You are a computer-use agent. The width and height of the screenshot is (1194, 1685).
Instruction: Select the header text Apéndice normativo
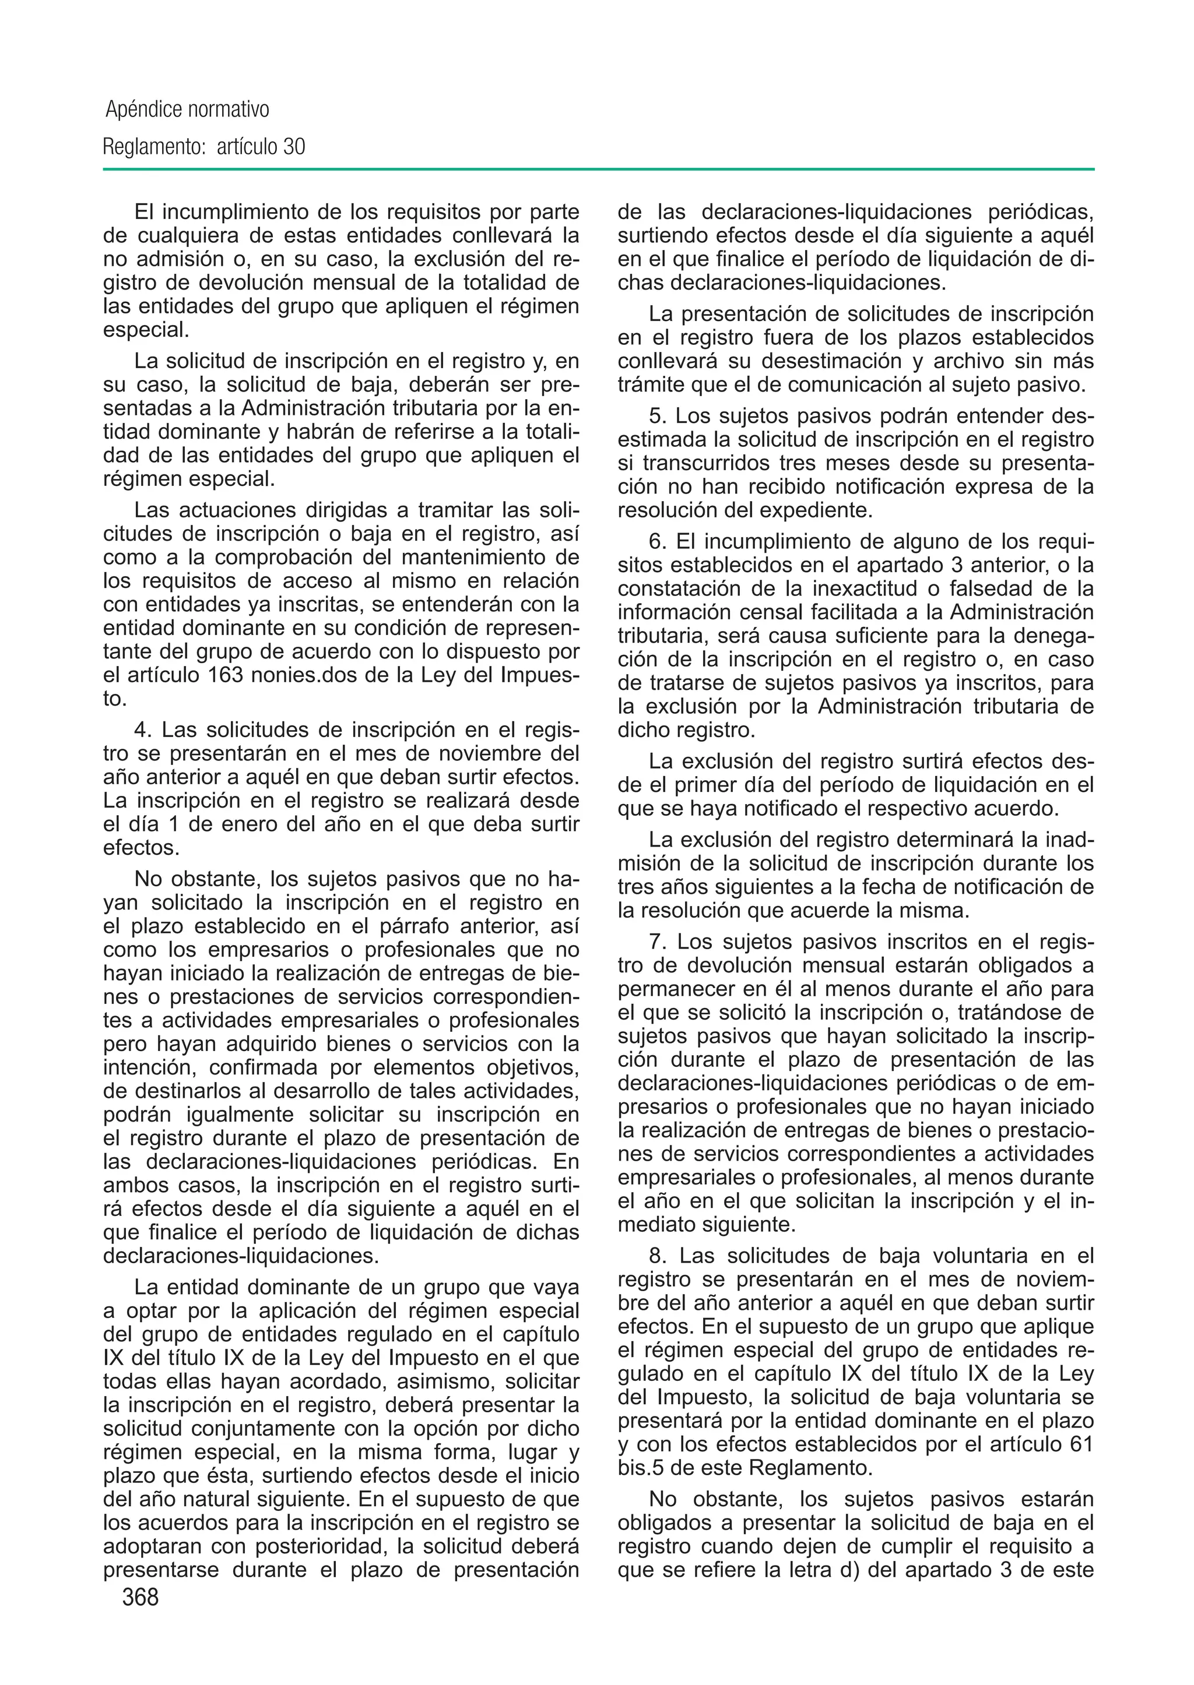coord(188,110)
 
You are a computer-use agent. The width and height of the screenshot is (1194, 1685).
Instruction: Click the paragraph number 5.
coord(657,416)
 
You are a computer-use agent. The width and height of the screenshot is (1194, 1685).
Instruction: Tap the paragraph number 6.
coord(657,542)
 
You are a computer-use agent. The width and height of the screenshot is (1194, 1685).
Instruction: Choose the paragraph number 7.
coord(657,942)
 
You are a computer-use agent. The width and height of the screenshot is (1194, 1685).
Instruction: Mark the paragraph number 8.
coord(657,1255)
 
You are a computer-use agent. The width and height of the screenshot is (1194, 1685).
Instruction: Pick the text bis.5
coord(642,1468)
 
